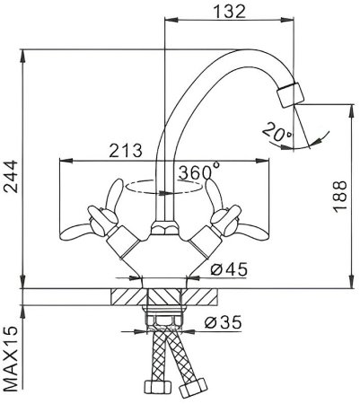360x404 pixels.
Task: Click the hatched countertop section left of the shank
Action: tap(127, 297)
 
